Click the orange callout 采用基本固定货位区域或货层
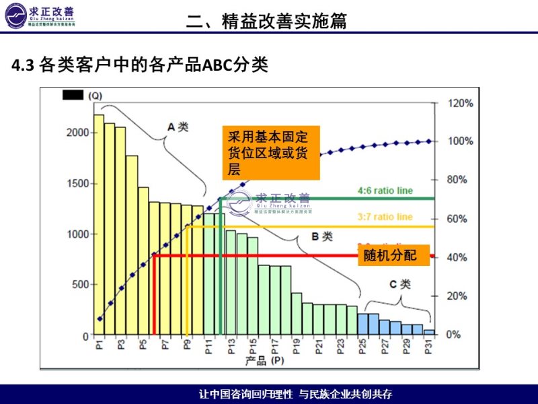point(271,153)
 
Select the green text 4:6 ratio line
point(385,191)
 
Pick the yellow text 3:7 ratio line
point(385,217)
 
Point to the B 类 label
point(322,236)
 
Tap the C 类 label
point(399,284)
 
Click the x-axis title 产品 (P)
point(264,360)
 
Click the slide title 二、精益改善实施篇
point(267,21)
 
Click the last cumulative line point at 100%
point(429,141)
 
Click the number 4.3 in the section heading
point(23,65)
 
